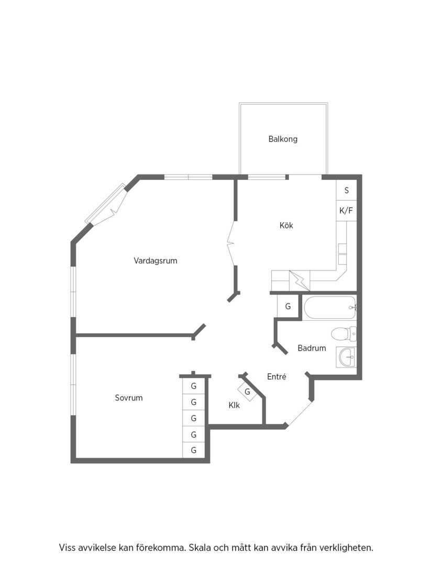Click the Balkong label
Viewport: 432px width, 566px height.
pyautogui.click(x=283, y=139)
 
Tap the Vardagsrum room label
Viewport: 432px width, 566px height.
pyautogui.click(x=156, y=260)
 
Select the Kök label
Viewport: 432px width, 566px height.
pyautogui.click(x=286, y=225)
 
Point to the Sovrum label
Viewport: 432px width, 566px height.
pyautogui.click(x=129, y=398)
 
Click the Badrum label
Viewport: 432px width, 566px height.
pyautogui.click(x=312, y=348)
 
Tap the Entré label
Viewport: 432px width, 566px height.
pyautogui.click(x=276, y=376)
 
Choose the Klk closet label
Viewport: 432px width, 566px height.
pyautogui.click(x=234, y=405)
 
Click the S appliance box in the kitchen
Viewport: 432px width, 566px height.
pyautogui.click(x=347, y=190)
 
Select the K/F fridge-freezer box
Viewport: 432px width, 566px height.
pyautogui.click(x=347, y=211)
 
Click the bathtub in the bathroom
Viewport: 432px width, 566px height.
pyautogui.click(x=330, y=308)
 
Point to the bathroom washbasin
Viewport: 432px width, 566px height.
pyautogui.click(x=346, y=357)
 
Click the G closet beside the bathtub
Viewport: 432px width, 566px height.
pyautogui.click(x=288, y=307)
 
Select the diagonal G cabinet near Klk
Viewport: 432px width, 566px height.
pyautogui.click(x=247, y=391)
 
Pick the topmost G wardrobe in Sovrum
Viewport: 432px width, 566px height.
pyautogui.click(x=194, y=386)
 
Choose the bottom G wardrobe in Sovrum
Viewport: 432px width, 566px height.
pyautogui.click(x=194, y=450)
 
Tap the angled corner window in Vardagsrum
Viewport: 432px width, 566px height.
pyautogui.click(x=107, y=204)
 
